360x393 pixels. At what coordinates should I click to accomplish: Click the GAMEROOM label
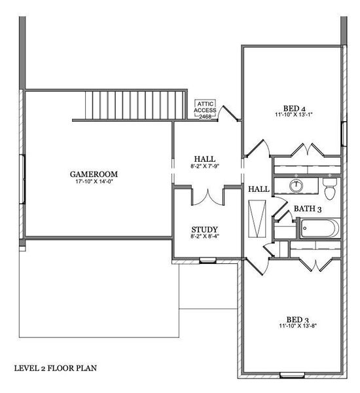click(x=94, y=174)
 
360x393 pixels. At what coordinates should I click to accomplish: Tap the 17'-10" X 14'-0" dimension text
click(x=94, y=181)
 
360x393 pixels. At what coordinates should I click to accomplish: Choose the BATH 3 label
click(x=307, y=209)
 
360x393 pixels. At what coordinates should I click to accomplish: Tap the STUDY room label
click(x=204, y=229)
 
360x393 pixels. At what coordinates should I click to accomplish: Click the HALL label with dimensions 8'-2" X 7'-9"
click(x=205, y=159)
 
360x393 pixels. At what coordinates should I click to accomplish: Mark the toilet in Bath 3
click(x=330, y=191)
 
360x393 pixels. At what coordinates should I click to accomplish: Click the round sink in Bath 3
click(x=297, y=185)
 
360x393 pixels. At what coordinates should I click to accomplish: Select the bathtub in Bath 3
click(x=319, y=229)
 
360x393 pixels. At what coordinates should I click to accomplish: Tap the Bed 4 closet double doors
click(x=306, y=150)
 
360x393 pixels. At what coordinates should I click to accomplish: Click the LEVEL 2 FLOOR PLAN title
click(x=56, y=368)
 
